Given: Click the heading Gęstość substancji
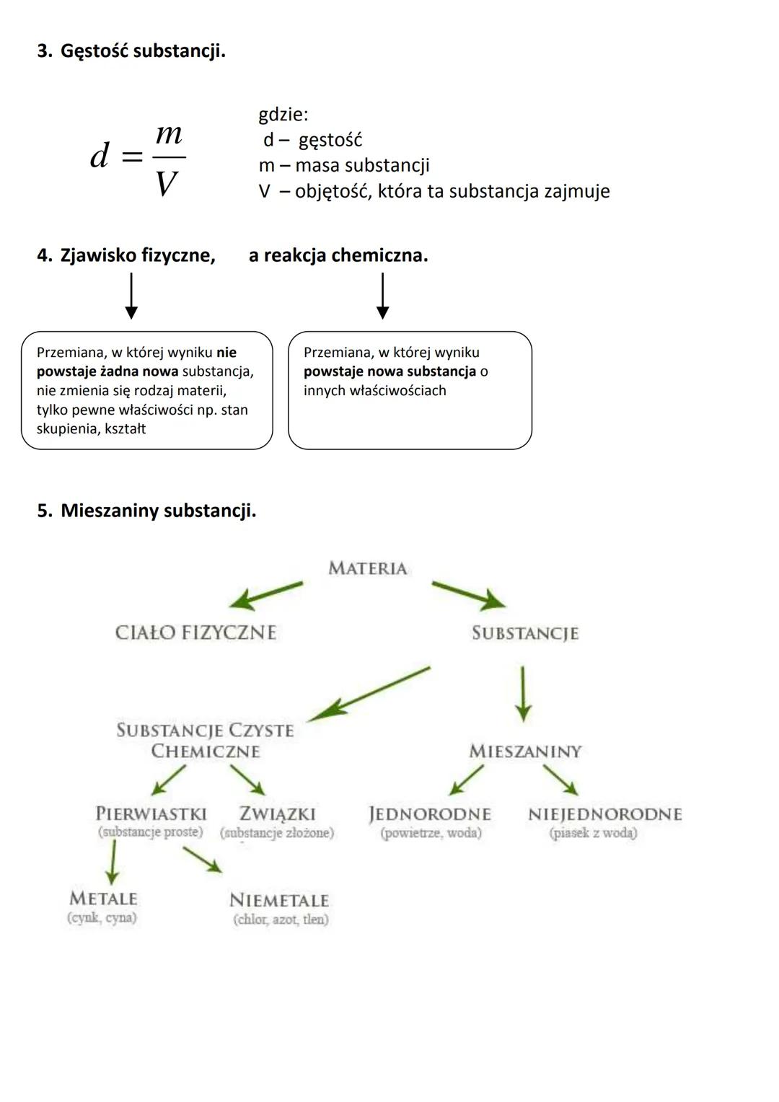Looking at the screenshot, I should click(142, 51).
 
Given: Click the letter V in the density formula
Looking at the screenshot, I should click(167, 185).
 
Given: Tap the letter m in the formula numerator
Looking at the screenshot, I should click(169, 133).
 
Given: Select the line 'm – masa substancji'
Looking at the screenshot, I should click(344, 165).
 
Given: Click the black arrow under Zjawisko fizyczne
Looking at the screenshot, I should click(131, 296).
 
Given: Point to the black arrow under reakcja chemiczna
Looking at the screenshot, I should click(382, 296).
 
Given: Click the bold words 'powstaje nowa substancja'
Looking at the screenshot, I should click(389, 371).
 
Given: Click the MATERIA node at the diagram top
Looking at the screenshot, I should click(368, 568).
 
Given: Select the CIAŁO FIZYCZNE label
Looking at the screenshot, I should click(195, 632).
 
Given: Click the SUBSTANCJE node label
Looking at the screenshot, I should click(525, 633).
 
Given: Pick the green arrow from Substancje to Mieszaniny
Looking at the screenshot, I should click(523, 694).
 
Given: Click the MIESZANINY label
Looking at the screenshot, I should click(525, 751).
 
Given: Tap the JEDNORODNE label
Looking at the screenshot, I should click(430, 814).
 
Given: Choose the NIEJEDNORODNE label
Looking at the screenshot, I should click(604, 814).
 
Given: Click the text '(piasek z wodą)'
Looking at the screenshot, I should click(593, 833).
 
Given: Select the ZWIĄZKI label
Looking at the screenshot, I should click(278, 814).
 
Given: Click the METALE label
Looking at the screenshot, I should click(103, 899).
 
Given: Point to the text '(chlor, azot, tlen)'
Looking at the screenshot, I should click(281, 920).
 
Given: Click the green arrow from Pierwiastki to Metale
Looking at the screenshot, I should click(112, 863).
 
